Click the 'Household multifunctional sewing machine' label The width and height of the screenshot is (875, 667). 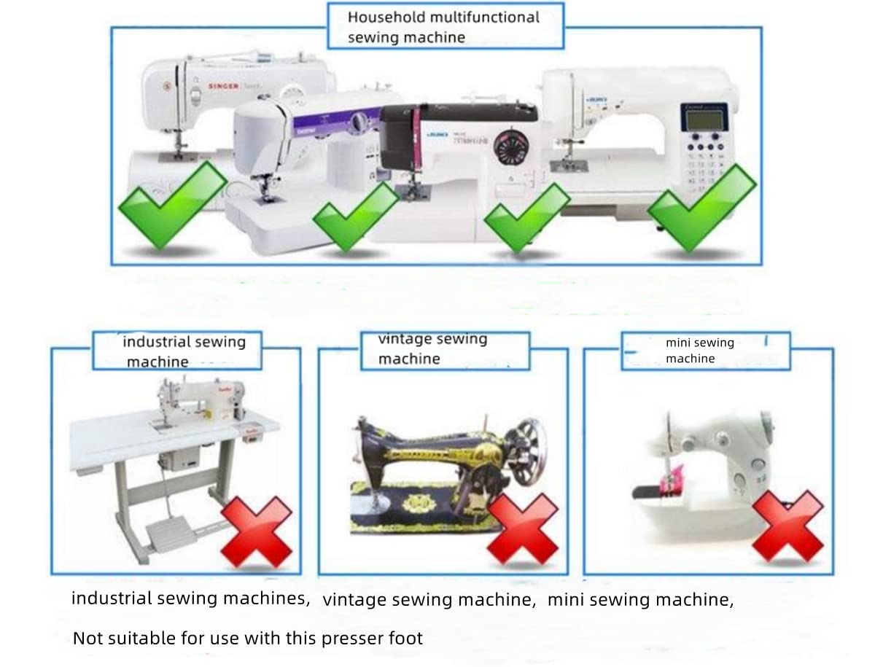point(444,26)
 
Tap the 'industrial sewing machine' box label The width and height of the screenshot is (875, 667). point(183,351)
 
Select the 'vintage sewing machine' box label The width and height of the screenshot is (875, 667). point(432,348)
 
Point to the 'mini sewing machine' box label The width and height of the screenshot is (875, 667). point(699,350)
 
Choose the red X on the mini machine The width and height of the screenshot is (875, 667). point(787,525)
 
